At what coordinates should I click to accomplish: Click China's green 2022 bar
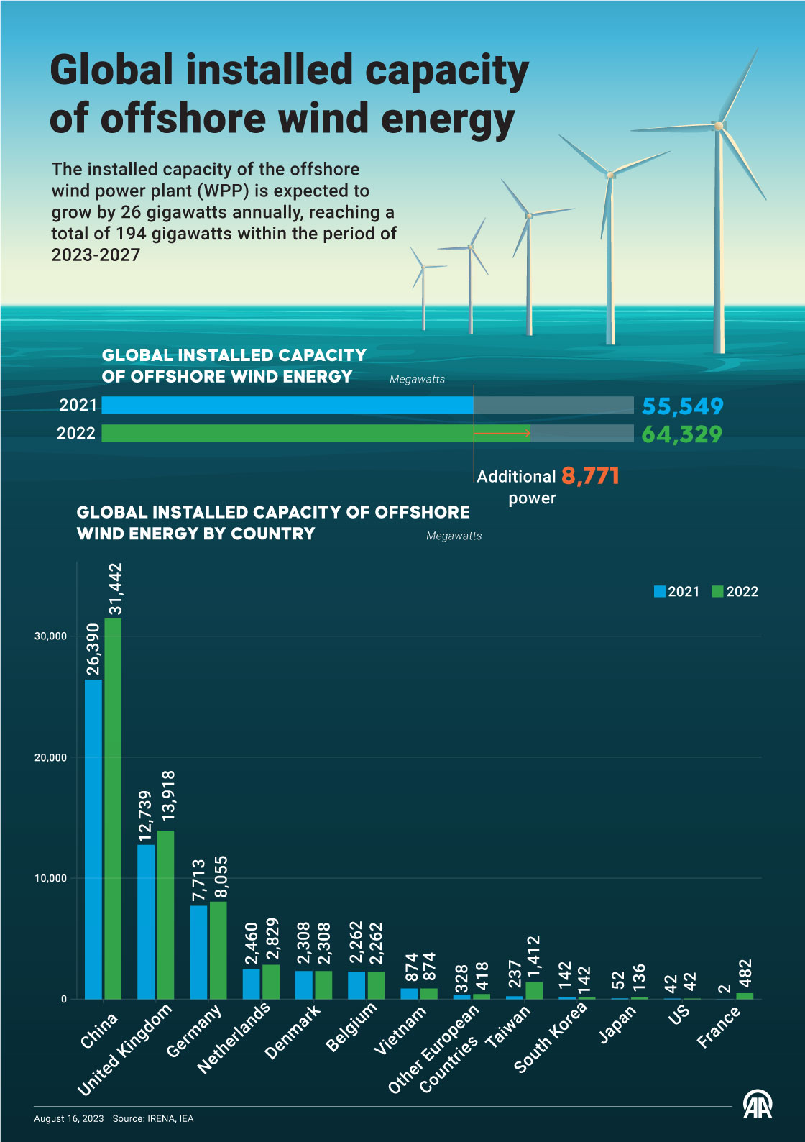tap(113, 808)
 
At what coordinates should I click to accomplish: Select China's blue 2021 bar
tap(93, 839)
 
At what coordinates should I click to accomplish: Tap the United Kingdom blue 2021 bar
tap(146, 921)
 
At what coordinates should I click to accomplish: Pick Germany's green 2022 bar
tap(218, 949)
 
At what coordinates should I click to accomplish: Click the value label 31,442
tap(115, 589)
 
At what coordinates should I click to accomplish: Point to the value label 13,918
tap(167, 796)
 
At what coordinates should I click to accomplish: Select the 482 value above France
tap(745, 974)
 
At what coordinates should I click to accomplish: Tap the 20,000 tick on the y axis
tap(50, 757)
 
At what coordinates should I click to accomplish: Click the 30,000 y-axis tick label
tap(50, 636)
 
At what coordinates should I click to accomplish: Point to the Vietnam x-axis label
tap(400, 1030)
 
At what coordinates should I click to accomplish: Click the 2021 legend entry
tap(676, 592)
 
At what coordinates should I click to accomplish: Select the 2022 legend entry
tap(735, 592)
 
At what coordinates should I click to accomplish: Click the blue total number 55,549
tap(682, 406)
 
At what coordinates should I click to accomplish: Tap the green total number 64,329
tap(681, 434)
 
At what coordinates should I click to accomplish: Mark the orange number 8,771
tap(590, 475)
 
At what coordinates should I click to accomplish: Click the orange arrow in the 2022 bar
tap(502, 433)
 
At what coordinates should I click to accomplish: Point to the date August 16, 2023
tap(69, 1118)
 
